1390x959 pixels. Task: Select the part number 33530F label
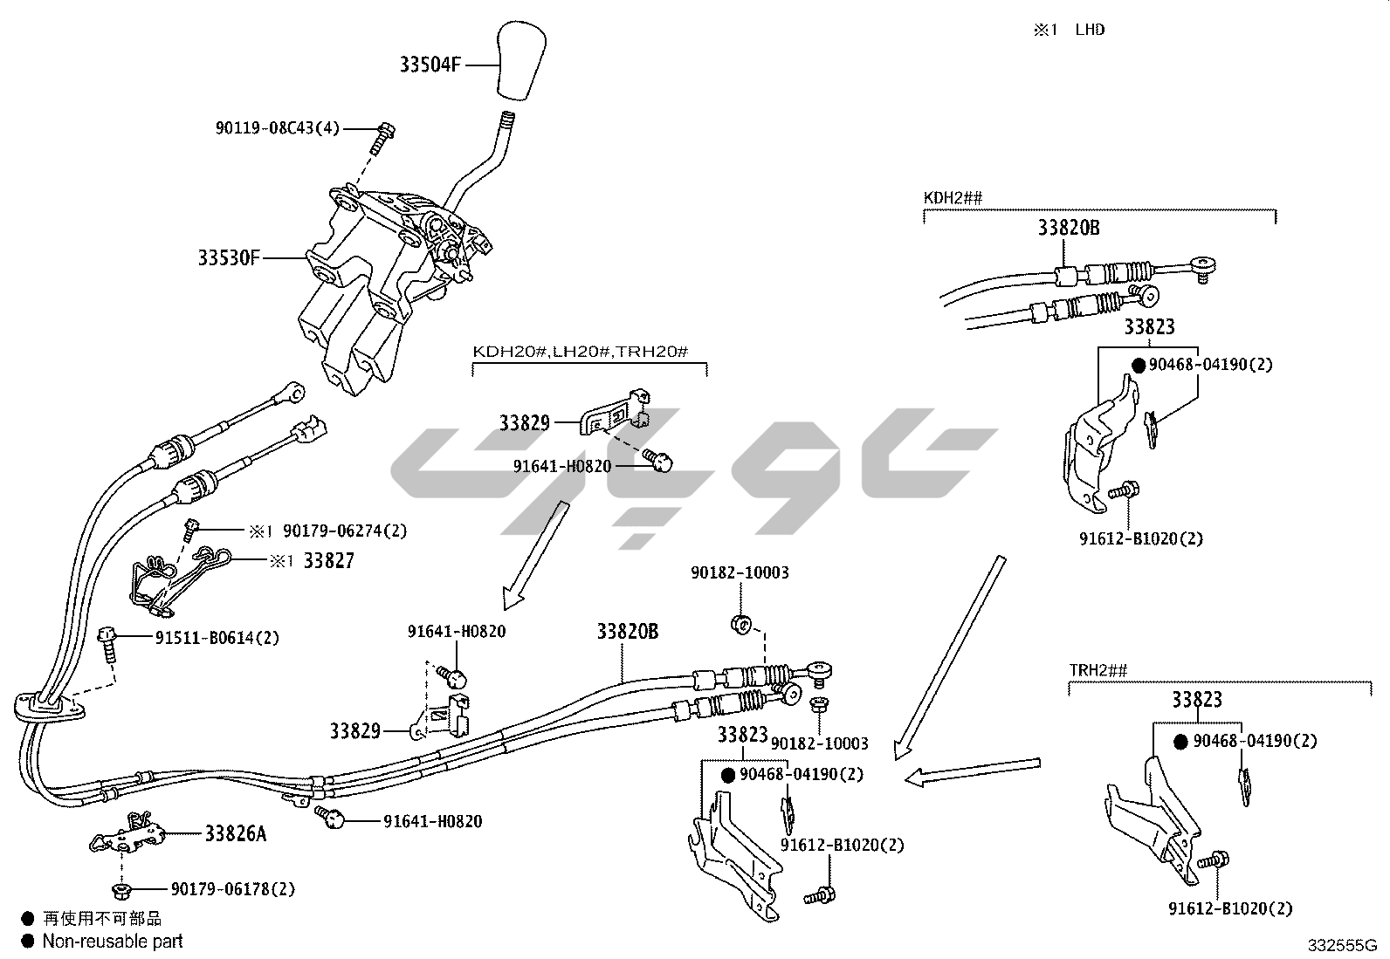229,258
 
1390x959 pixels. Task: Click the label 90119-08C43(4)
277,128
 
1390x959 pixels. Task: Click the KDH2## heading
953,198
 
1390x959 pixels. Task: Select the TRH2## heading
1098,670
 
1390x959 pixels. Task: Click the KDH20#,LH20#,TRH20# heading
581,352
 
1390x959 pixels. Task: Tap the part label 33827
328,561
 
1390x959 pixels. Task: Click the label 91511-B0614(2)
217,638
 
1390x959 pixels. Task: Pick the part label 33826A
236,833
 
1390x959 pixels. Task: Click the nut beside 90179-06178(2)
121,890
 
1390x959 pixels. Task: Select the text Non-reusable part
113,941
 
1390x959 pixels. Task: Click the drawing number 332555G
1341,945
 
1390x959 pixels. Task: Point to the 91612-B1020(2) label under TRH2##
1230,908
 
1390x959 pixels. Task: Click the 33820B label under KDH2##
1068,229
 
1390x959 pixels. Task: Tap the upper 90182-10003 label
740,573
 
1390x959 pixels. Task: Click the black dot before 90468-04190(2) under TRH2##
1180,742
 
